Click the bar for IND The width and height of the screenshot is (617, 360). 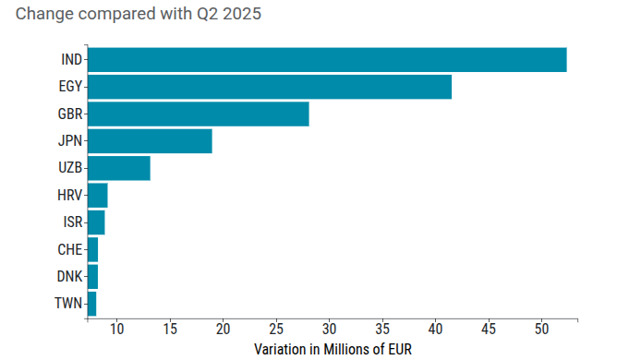[x=327, y=60]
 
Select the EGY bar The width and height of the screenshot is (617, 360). [x=270, y=87]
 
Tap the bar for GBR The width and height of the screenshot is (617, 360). [x=199, y=114]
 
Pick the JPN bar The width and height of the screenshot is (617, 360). [x=150, y=141]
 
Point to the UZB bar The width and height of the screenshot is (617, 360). [x=119, y=168]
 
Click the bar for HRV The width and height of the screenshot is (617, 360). [x=98, y=195]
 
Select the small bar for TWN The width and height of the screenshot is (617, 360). [x=92, y=304]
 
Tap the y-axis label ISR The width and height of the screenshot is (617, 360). [x=73, y=222]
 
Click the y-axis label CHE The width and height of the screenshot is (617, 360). [x=70, y=249]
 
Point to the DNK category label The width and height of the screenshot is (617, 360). [x=69, y=277]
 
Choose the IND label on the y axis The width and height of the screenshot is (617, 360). [x=72, y=60]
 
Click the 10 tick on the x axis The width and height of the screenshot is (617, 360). [x=117, y=329]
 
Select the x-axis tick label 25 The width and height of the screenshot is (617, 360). [x=276, y=329]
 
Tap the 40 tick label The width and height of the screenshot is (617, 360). [x=436, y=329]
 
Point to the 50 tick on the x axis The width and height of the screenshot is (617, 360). [x=542, y=329]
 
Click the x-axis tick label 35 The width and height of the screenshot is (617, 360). [x=382, y=329]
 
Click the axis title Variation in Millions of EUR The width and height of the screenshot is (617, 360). [x=333, y=349]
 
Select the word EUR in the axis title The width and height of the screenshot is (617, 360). [x=400, y=349]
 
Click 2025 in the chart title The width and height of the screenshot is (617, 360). [x=242, y=14]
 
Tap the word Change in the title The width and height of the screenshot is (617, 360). [x=44, y=14]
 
